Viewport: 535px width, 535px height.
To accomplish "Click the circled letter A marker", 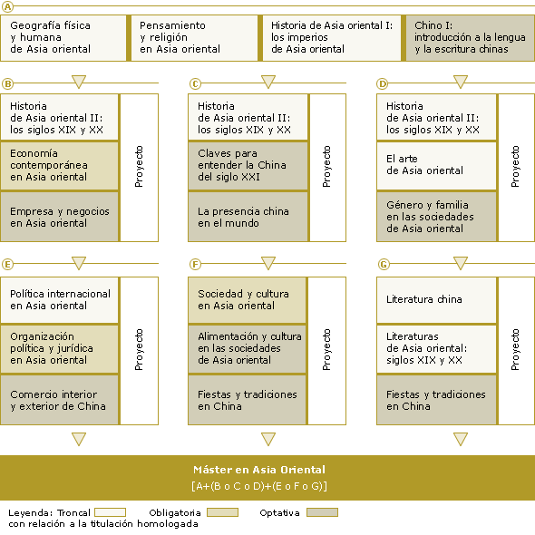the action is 7,6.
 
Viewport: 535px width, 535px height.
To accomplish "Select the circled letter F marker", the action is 195,264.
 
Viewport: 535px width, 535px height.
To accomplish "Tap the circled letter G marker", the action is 384,264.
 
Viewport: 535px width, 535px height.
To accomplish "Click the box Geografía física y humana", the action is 63,38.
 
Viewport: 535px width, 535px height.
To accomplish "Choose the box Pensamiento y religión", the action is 194,38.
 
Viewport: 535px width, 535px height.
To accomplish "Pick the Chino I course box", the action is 471,38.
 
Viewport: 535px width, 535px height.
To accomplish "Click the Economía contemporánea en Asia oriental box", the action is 59,165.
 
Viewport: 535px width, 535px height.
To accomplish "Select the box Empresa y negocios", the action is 59,217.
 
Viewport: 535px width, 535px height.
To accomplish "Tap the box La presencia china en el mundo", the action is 248,217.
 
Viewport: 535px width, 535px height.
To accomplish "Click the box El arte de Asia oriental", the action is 436,165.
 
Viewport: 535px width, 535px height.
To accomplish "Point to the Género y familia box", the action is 436,217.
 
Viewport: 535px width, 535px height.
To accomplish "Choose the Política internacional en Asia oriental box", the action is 59,300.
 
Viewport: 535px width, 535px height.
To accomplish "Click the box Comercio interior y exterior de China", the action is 59,400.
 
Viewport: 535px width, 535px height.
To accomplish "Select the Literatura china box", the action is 436,300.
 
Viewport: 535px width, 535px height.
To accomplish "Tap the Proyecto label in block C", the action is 326,167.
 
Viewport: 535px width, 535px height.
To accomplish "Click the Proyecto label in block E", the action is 139,350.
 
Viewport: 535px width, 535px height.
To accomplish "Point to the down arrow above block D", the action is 461,82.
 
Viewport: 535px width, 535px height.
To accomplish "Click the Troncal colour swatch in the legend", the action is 111,512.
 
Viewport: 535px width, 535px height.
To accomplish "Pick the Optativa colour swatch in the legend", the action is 322,512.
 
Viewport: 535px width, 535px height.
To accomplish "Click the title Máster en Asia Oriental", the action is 259,470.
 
